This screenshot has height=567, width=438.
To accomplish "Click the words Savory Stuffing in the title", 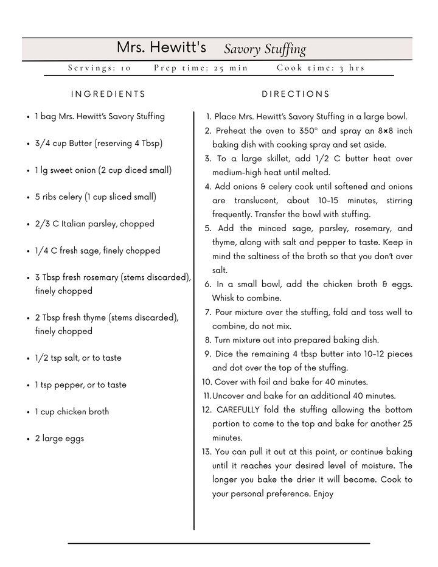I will coord(265,49).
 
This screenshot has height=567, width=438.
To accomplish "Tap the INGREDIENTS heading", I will coord(108,94).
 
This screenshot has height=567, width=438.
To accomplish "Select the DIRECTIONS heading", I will coord(296,94).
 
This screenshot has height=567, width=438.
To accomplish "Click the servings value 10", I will coord(125,68).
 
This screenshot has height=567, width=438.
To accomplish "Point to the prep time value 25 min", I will coord(231,68).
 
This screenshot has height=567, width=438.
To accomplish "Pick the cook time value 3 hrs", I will coord(352,68).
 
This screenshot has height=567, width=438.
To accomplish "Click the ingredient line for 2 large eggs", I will coord(59,439).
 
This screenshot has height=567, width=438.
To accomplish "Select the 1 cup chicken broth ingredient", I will coord(72,412).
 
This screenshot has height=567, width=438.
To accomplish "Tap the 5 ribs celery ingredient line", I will coord(96,197).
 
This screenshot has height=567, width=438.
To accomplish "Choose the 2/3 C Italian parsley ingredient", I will coord(94,224).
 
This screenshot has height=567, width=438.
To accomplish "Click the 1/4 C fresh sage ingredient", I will coord(97,251).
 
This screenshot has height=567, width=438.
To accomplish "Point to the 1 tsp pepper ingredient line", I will coord(80,385).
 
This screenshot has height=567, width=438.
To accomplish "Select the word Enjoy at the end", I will coord(323,494).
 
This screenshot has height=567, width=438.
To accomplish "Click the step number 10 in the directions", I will coord(206,382).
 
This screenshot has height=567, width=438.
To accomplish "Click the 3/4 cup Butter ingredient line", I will coord(99,144).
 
